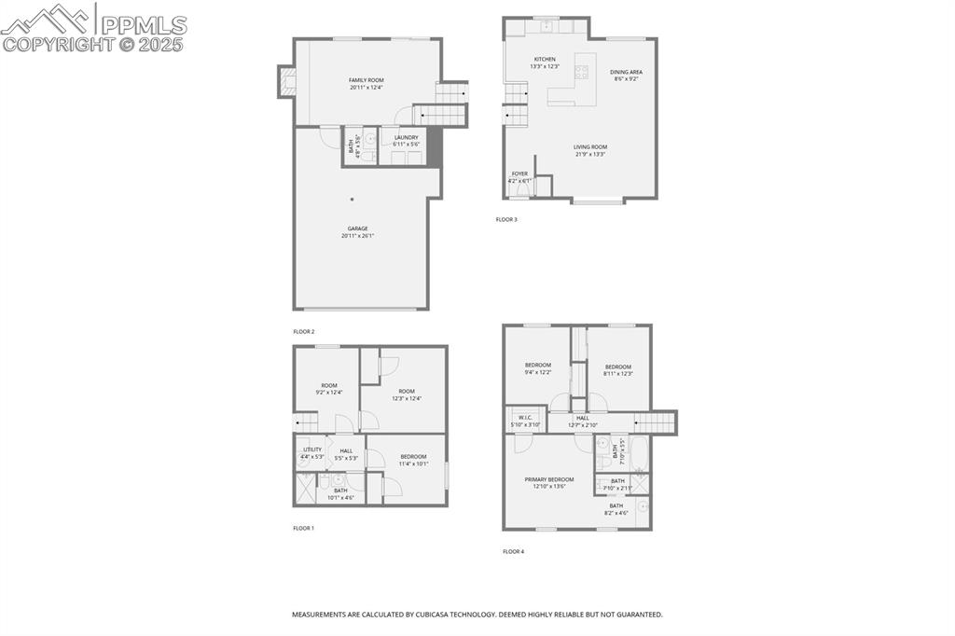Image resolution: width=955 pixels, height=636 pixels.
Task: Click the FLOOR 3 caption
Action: [x=505, y=220]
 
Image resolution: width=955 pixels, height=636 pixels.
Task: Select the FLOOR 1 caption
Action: [x=303, y=528]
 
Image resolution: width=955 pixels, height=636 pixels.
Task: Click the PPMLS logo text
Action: [x=144, y=25]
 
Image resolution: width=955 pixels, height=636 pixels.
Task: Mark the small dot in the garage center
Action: [x=353, y=199]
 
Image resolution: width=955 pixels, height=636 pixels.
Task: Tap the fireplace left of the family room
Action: [x=285, y=82]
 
